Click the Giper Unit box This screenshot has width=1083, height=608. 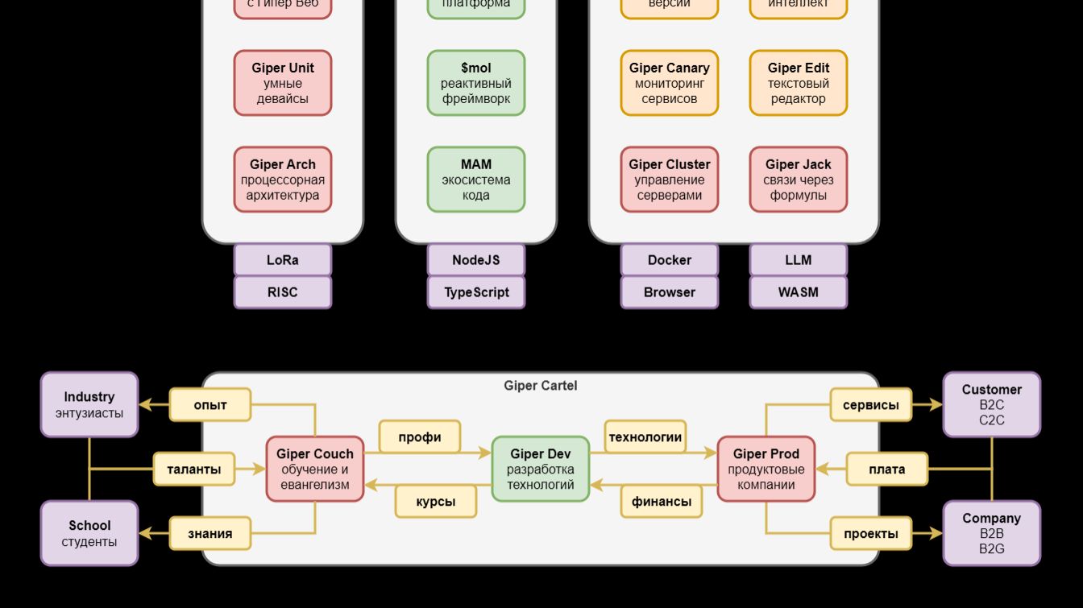coord(283,83)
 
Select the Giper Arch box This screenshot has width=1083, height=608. coord(283,180)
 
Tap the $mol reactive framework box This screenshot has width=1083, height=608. coord(476,83)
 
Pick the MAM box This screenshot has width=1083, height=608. coord(476,180)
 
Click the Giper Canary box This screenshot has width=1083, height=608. coord(669,83)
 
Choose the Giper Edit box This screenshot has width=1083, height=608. coord(798,83)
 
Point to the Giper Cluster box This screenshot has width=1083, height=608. coord(669,180)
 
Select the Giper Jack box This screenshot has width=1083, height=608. coord(798,180)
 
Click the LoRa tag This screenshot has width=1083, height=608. coord(283,260)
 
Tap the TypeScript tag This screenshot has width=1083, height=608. coord(476,292)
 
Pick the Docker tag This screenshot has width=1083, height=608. coord(669,260)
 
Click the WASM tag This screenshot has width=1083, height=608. coord(798,292)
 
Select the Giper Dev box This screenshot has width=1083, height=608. coord(541,469)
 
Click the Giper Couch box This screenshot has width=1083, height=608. coord(315,469)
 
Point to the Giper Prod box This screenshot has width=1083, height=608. coord(766,469)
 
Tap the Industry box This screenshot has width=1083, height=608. coord(89,404)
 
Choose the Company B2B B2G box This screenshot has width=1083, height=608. coord(991,533)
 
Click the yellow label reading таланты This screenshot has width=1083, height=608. coord(194,469)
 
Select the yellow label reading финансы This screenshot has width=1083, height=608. coord(662,502)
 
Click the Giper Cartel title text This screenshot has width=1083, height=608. coord(541,386)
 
